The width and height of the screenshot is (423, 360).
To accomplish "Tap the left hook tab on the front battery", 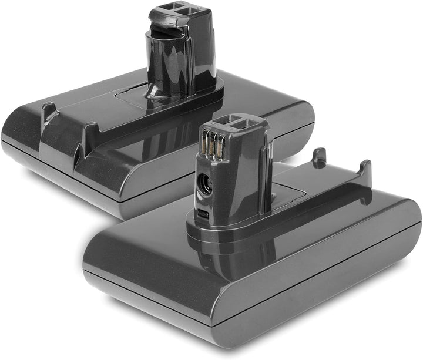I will coord(319,157).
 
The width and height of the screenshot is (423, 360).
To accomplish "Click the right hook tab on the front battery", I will coord(365,170).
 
